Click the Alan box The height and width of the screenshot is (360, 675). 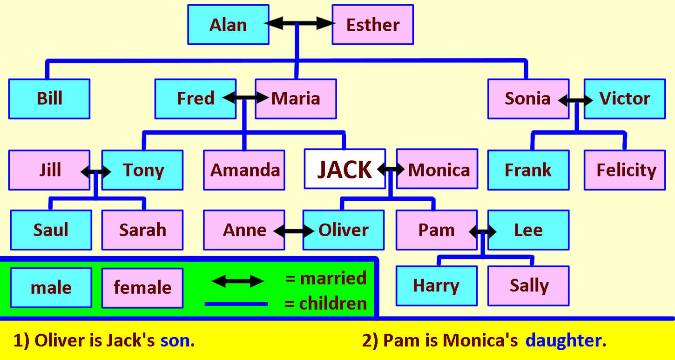(228, 24)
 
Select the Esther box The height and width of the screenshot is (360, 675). (373, 24)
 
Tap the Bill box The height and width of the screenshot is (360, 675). (49, 99)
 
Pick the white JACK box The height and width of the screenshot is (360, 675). (345, 169)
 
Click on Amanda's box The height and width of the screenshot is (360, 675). (244, 170)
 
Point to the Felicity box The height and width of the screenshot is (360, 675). (625, 170)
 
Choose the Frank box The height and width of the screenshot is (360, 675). (528, 170)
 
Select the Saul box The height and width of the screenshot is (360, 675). (51, 230)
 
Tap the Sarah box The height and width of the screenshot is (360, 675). (142, 230)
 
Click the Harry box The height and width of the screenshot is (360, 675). (437, 286)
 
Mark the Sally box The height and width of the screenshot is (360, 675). (528, 286)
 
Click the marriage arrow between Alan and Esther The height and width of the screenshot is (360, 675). (300, 23)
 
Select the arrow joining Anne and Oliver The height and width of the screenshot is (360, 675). (294, 231)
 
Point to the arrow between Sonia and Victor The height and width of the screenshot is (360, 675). (575, 100)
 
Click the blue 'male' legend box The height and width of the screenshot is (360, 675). (51, 288)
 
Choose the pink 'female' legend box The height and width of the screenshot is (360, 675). (142, 288)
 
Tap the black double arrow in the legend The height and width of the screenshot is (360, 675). (238, 281)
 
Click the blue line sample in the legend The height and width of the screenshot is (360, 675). (236, 304)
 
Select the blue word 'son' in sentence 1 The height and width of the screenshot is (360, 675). (175, 341)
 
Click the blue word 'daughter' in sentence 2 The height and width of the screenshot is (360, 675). (563, 341)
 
